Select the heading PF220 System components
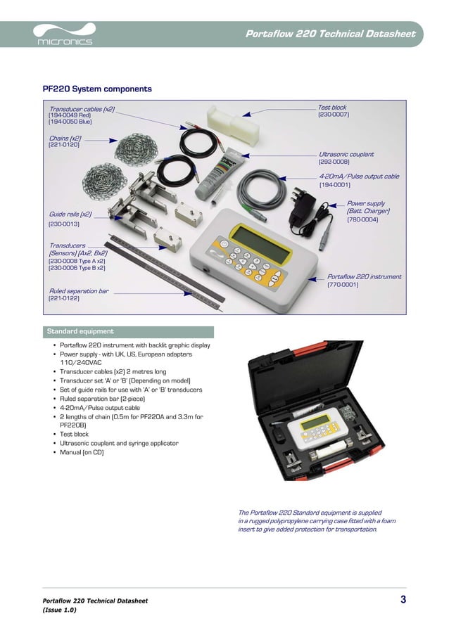pyautogui.click(x=97, y=89)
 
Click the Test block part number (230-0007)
pyautogui.click(x=334, y=114)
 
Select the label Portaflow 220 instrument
pyautogui.click(x=365, y=277)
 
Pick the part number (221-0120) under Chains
pyautogui.click(x=63, y=145)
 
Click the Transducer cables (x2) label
pyautogui.click(x=82, y=109)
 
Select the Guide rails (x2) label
pyautogui.click(x=70, y=214)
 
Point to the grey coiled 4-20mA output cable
pyautogui.click(x=261, y=186)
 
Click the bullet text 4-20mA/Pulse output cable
pyautogui.click(x=99, y=407)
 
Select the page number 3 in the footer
pyautogui.click(x=403, y=599)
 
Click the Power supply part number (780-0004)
pyautogui.click(x=362, y=219)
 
